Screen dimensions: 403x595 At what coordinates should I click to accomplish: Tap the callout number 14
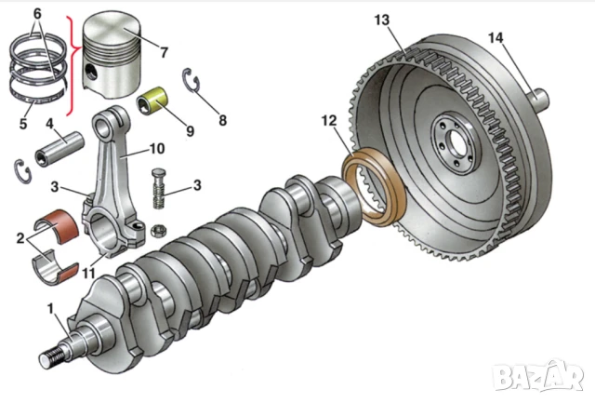click(495, 37)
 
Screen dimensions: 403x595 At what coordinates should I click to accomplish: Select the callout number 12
click(327, 120)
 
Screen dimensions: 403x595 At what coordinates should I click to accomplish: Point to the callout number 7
click(163, 52)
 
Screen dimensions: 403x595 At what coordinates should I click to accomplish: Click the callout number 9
click(190, 131)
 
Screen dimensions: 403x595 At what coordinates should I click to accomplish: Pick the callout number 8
click(221, 120)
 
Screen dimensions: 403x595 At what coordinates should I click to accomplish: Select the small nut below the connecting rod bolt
click(158, 228)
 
